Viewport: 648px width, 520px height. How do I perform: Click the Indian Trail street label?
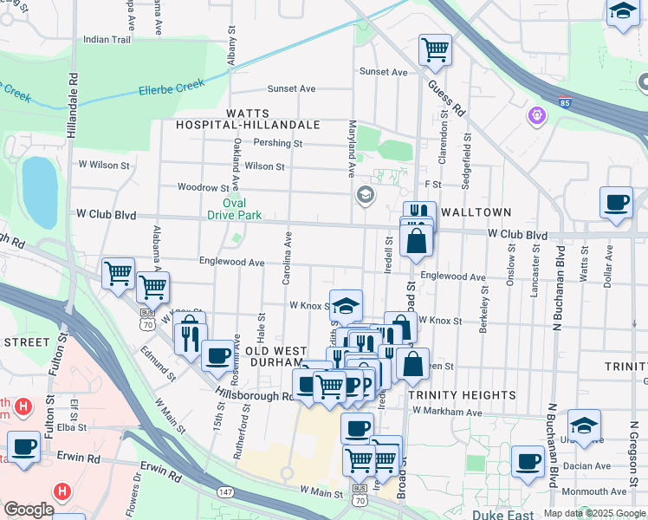[107, 39]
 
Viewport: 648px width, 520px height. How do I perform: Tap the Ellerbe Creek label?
[171, 87]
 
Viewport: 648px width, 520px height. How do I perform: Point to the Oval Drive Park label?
[236, 209]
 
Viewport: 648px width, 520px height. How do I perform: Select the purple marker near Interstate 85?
[537, 114]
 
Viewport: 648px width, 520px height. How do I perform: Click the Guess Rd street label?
[446, 98]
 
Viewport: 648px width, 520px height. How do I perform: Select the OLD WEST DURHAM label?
[275, 356]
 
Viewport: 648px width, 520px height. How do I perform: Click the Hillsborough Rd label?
[255, 395]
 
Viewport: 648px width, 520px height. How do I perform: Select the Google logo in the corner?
[29, 510]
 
